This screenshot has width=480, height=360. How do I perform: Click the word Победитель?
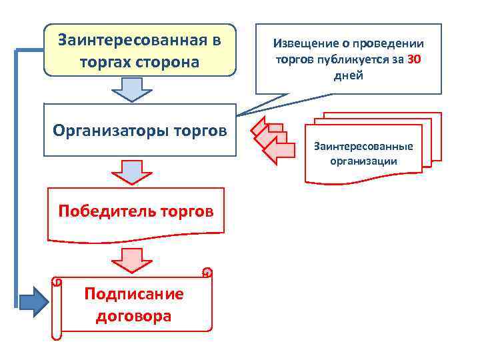(x=106, y=211)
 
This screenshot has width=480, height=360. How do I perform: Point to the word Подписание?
(x=133, y=294)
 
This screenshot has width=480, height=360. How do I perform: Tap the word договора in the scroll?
(x=133, y=315)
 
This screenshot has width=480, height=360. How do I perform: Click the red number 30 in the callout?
(x=414, y=59)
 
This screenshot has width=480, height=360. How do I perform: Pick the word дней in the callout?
(x=348, y=75)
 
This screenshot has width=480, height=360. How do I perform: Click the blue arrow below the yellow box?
(x=131, y=89)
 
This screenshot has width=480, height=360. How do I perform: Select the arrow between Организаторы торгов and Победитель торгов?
(x=131, y=171)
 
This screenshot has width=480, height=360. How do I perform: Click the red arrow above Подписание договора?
(x=131, y=258)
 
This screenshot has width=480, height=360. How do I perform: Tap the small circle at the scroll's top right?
(x=207, y=272)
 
